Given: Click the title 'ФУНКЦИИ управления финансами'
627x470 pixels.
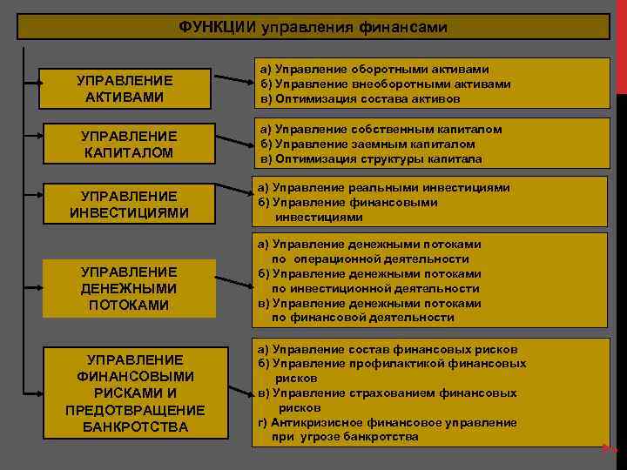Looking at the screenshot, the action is (x=313, y=27).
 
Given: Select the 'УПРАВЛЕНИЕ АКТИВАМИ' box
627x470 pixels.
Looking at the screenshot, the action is (x=125, y=88).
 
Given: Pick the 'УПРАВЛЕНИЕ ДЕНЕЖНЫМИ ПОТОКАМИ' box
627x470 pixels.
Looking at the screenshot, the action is (x=128, y=288).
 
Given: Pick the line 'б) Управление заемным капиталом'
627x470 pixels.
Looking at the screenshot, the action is (x=367, y=144).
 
